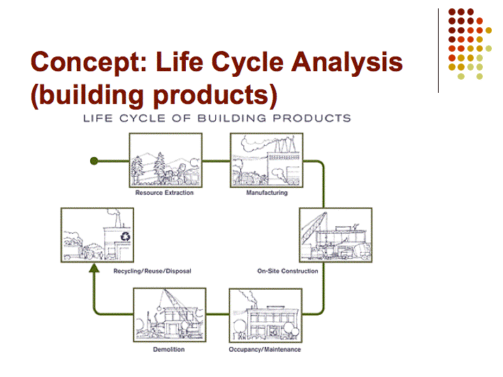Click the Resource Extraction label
164,193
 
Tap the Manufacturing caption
267,193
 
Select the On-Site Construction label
288,271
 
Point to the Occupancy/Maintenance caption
265,350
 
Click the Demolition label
169,350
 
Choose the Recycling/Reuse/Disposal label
152,271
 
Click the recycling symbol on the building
126,237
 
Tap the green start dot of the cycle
94,161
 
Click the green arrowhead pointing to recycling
94,268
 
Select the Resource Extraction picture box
166,161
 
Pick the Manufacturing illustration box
267,161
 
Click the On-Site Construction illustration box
335,235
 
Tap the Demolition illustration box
170,315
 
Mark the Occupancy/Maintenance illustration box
265,316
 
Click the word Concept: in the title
89,62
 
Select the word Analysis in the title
347,62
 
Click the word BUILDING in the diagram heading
232,118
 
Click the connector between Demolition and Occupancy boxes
217,313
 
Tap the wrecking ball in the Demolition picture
159,309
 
